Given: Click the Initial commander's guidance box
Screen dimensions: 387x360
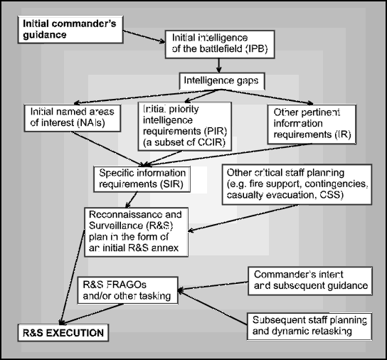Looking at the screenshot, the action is tap(70, 30).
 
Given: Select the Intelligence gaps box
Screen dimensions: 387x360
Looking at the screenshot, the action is tap(222, 81).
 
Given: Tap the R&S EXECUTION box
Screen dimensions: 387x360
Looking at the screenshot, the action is tap(63, 333).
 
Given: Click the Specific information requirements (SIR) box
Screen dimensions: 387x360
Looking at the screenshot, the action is tap(142, 179).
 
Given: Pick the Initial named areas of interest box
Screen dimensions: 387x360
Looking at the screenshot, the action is tap(73, 118).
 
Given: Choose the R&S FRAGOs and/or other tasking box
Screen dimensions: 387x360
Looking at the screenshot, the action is tap(127, 290).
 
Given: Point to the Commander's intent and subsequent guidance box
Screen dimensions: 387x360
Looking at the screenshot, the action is tap(310, 281).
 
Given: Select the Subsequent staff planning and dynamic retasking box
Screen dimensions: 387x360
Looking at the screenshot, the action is tap(309, 327).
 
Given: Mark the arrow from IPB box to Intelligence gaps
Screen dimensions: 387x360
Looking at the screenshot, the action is tap(218, 65).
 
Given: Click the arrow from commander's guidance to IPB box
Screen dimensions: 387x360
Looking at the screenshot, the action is tap(144, 36).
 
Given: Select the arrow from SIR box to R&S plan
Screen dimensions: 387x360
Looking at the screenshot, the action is tap(131, 200).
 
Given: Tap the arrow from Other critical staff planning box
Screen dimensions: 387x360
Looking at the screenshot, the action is tap(243, 218).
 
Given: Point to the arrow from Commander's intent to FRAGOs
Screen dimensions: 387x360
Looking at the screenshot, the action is tap(213, 286).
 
